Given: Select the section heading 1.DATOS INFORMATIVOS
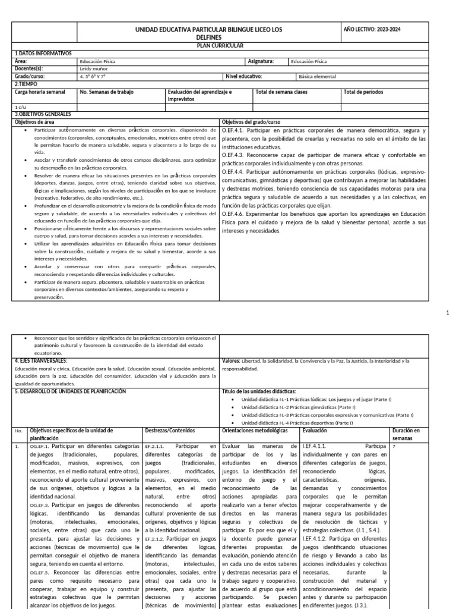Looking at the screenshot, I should tap(42, 53).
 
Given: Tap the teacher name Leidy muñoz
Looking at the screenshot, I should tap(92, 68).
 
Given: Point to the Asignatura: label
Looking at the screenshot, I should tap(260, 61).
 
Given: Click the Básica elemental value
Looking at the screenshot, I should tap(317, 76).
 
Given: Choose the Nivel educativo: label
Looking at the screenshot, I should tap(243, 76).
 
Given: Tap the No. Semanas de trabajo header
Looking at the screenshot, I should tap(107, 92).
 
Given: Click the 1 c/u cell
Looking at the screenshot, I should tap(20, 107).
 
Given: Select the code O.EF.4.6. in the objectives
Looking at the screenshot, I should tap(236, 214).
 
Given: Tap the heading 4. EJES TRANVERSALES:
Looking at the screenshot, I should tap(42, 360).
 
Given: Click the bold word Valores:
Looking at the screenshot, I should tap(231, 360).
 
